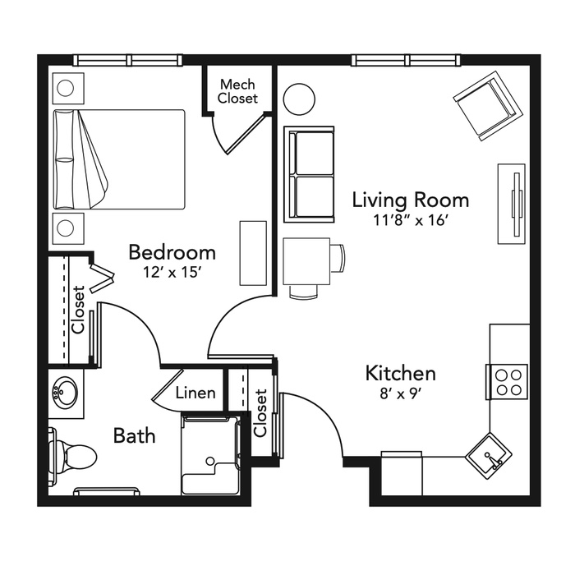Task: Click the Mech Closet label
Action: point(237,91)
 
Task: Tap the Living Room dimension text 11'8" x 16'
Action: point(411,220)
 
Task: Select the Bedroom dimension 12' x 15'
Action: point(172,272)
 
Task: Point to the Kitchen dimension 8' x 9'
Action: point(401,393)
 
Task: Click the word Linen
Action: point(195,393)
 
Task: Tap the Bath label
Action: point(134,435)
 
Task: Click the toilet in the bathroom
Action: point(72,456)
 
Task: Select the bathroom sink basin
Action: point(65,393)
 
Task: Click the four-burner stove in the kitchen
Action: point(507,382)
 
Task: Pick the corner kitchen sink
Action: point(489,457)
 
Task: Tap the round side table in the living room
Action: point(300,99)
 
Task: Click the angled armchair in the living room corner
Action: point(488,106)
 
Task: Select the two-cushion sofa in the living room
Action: point(309,174)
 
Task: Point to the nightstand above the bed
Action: point(68,88)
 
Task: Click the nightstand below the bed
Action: point(68,228)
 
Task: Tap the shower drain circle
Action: point(210,461)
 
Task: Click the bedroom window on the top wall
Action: point(127,60)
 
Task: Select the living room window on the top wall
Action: point(406,60)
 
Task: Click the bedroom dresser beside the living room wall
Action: point(253,253)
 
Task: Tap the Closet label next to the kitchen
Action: point(260,413)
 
